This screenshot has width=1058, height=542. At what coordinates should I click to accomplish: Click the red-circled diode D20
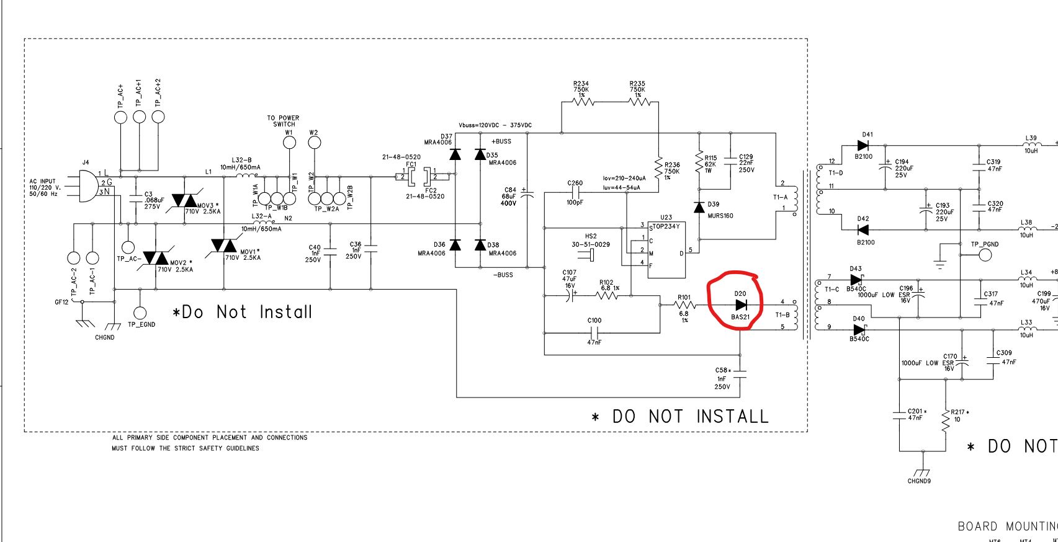[x=741, y=305]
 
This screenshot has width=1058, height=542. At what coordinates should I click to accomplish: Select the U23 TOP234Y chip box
[x=666, y=249]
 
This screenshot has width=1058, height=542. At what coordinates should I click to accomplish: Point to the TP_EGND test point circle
[x=141, y=313]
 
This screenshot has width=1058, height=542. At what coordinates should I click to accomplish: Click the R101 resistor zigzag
[x=684, y=305]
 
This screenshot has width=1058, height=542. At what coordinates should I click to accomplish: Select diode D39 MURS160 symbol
[x=699, y=207]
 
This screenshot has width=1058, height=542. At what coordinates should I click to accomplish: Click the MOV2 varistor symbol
[x=156, y=257]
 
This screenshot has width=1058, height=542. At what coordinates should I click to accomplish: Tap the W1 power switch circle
[x=289, y=143]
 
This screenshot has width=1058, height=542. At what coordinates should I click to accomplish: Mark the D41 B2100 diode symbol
[x=863, y=146]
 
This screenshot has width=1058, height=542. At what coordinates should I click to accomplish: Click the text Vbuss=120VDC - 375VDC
[x=495, y=125]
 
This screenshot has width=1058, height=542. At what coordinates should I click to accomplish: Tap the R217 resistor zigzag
[x=946, y=422]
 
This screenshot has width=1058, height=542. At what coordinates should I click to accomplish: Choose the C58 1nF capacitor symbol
[x=740, y=374]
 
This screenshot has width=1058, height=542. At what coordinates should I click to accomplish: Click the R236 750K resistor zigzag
[x=658, y=166]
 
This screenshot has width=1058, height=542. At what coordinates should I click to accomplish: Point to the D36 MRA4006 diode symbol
[x=455, y=245]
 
